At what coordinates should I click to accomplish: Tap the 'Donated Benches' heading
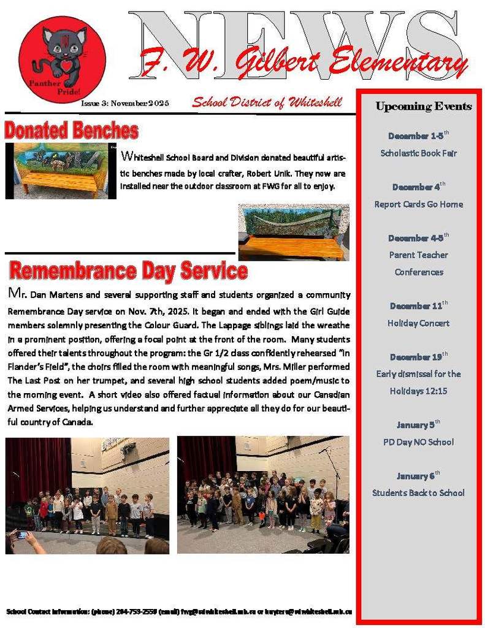tap(71, 131)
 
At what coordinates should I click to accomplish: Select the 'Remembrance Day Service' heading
tap(129, 270)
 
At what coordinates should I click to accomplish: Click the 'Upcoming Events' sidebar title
tap(424, 106)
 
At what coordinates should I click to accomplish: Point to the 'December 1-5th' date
tap(419, 135)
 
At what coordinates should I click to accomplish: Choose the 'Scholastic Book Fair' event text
tap(419, 153)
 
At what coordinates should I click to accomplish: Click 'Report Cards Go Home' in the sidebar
tap(419, 204)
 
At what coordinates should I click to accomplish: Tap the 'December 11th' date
tap(419, 305)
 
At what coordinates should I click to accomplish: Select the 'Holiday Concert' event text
tap(419, 323)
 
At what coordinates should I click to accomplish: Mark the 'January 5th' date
tap(419, 424)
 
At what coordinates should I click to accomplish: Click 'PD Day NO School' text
tap(419, 442)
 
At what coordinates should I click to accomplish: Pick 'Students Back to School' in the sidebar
tap(419, 492)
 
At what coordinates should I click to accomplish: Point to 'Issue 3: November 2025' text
tap(125, 103)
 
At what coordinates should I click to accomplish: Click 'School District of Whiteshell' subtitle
tap(267, 102)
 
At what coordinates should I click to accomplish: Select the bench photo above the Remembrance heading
tap(294, 232)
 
